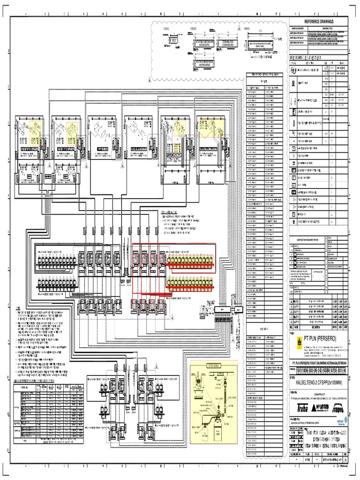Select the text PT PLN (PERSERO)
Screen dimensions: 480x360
click(x=323, y=337)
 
